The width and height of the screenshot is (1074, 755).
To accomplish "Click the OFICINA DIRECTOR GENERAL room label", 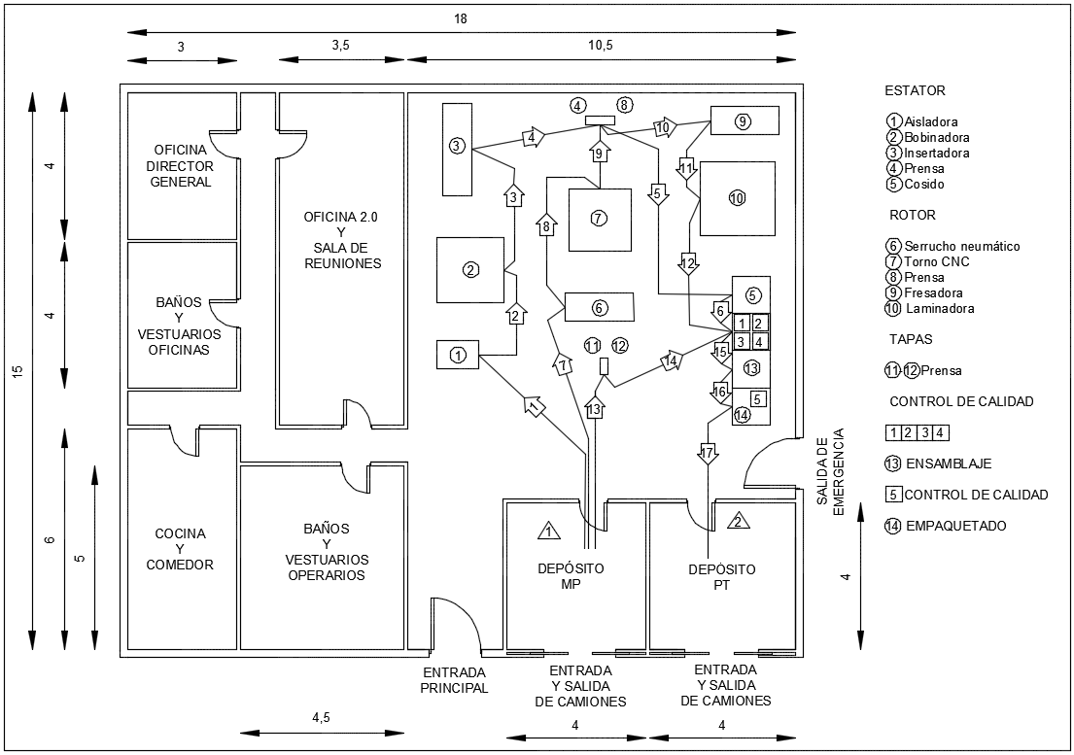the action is click(x=181, y=165).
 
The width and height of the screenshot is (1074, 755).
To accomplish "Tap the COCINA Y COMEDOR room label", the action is click(x=180, y=549).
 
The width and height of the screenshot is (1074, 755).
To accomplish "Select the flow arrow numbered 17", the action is click(x=708, y=453).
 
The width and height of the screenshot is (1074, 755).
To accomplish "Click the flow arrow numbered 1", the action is click(x=535, y=405).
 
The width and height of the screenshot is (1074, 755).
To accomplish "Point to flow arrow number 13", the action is click(x=596, y=407).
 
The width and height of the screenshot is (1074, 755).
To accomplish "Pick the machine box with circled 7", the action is click(x=600, y=219).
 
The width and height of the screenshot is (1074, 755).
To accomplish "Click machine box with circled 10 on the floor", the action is click(x=737, y=198).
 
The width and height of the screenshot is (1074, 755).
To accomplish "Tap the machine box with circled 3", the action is click(x=457, y=149).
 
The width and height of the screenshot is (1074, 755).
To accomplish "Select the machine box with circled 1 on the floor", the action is click(x=458, y=355).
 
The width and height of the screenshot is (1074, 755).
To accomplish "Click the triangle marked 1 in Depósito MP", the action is click(x=549, y=530).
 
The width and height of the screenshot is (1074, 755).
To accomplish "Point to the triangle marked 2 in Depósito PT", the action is click(x=738, y=522).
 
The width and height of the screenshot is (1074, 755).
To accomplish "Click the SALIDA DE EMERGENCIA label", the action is click(x=830, y=471).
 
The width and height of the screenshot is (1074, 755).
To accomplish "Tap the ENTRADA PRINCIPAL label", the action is click(x=454, y=680).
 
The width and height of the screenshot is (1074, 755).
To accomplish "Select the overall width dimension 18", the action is click(x=461, y=19).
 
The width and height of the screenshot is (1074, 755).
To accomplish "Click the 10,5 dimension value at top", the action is click(x=600, y=45).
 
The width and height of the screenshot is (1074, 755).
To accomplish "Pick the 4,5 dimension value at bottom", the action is click(x=321, y=717).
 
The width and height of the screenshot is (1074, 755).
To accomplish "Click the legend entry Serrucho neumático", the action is click(x=953, y=246).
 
